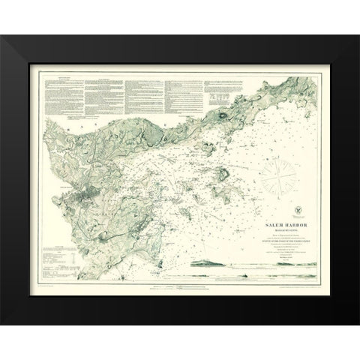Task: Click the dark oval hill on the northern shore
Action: [x=224, y=115]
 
